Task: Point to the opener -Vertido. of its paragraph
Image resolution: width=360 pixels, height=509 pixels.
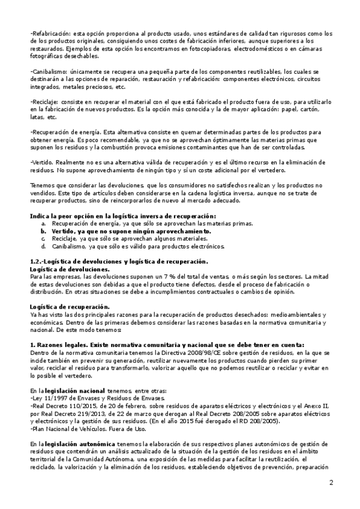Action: [x=43, y=162]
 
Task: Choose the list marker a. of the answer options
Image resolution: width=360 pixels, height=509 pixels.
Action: [x=43, y=223]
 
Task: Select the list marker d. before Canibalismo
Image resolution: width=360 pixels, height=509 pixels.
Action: [x=43, y=245]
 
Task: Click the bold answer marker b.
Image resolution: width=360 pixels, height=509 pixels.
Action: [x=43, y=230]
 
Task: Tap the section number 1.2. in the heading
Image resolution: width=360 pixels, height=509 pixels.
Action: [x=38, y=262]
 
